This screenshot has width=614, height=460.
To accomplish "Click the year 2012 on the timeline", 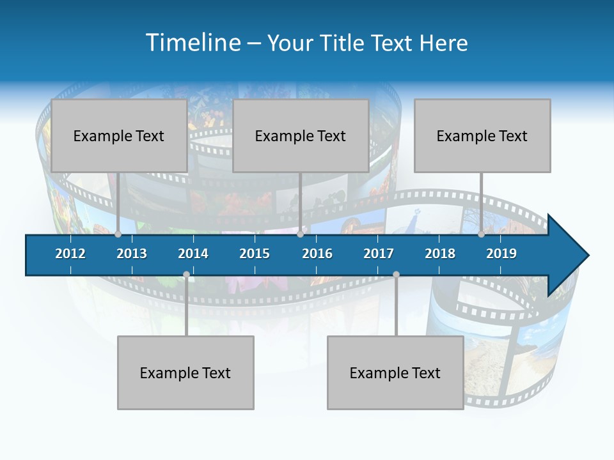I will point(70,254).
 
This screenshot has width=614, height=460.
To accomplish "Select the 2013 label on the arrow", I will point(132,254).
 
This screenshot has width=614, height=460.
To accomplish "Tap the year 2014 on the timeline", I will point(193,254).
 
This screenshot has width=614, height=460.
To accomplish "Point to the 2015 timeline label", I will point(255,254).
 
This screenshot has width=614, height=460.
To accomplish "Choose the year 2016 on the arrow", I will point(317,254).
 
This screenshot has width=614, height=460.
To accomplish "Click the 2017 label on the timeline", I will point(379,254).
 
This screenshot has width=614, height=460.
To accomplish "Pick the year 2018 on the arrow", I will point(440,254).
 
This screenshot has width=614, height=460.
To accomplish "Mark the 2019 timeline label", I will point(501,254).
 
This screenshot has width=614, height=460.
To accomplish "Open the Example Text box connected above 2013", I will point(119,135).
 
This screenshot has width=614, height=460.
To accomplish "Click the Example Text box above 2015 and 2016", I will point(301,135).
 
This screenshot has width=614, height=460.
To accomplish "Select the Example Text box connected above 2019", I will point(482,135).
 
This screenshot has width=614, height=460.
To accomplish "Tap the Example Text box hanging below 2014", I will point(185,372).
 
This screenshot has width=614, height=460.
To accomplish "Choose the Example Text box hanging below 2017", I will point(395,372).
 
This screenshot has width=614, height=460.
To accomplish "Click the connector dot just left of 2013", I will point(118,234).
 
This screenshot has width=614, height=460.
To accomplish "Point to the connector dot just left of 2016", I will point(300,234).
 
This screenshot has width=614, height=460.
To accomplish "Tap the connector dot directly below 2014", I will point(186,275).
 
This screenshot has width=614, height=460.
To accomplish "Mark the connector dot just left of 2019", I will point(481,234).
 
